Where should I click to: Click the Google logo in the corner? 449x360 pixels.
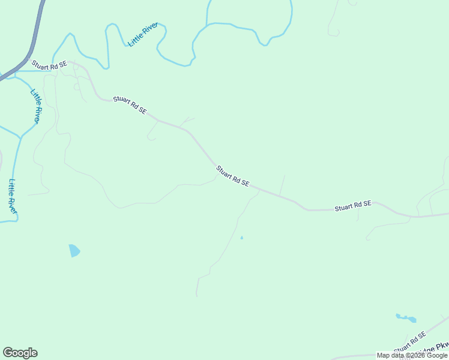[20, 353]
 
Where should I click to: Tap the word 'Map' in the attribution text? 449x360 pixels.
[383, 355]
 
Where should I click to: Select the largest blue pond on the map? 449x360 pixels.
[74, 250]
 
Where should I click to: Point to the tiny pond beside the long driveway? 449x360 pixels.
[242, 238]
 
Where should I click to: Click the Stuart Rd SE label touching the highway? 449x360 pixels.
[49, 65]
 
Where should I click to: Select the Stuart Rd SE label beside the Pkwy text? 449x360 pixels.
[410, 342]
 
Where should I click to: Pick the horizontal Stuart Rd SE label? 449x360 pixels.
[353, 205]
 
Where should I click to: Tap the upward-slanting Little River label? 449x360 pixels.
[143, 34]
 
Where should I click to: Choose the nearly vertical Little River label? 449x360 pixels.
[13, 196]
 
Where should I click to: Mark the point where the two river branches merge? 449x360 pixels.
[20, 137]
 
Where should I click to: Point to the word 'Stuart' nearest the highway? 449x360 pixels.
[41, 64]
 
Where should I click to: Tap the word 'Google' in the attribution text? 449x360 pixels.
[435, 355]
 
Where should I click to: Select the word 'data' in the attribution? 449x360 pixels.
[396, 355]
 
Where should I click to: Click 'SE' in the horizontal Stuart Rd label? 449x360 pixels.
[367, 204]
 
